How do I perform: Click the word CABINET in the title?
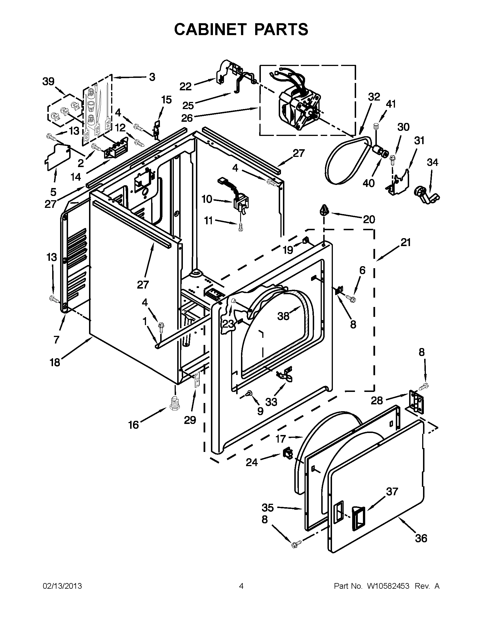coord(210,29)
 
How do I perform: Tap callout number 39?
coord(48,82)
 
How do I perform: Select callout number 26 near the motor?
coord(187,118)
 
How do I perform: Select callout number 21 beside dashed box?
coord(405,242)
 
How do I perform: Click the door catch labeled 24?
coord(287,453)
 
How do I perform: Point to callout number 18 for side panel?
coord(55,362)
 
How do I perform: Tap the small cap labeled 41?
coord(376,126)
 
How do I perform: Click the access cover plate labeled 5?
coord(57,158)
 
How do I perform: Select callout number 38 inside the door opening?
coord(283,316)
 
